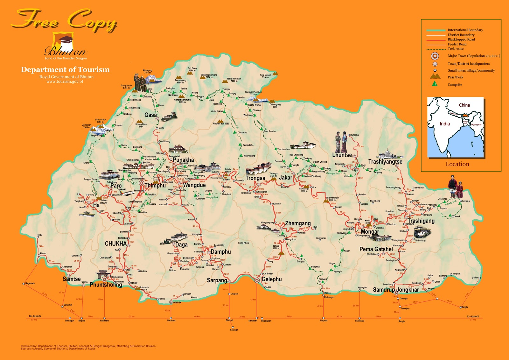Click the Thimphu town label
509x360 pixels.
coord(155,186)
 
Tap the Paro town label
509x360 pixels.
coord(116,186)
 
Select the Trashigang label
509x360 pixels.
coord(421,221)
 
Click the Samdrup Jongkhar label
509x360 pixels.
coord(396,290)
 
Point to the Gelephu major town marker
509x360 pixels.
coord(257,280)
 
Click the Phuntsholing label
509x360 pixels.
coord(106,285)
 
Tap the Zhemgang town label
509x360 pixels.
coord(298,223)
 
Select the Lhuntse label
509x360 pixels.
coord(342,155)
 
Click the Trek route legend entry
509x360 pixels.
coord(455,49)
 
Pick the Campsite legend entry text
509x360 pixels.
coord(455,85)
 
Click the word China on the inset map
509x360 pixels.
coord(464,105)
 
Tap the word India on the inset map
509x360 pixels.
coord(444,124)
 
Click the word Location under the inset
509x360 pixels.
coord(457,164)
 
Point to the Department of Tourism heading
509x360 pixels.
coord(65,70)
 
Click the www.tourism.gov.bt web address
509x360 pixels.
coord(65,81)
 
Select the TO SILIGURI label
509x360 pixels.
coord(35,316)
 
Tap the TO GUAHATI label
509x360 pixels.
coord(472,316)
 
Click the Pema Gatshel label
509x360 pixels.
coord(376,249)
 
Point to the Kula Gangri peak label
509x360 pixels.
coord(265,76)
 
